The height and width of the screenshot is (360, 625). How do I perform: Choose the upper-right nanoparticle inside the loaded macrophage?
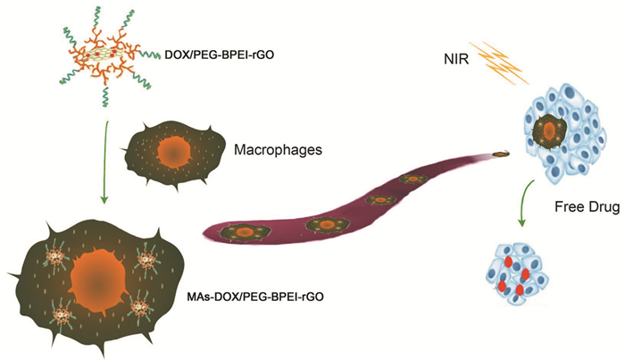click(x=147, y=260)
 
